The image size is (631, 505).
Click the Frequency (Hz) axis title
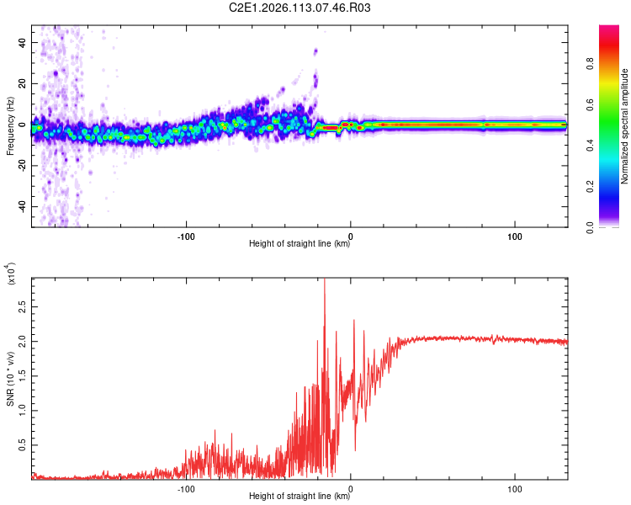coord(11,126)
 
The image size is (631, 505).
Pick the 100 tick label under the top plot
coord(515,236)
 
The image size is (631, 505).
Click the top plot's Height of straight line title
coord(300,245)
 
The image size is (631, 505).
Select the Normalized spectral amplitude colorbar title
coord(624,126)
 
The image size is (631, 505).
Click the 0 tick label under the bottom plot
coord(351,487)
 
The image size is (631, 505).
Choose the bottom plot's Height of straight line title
coord(300,497)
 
